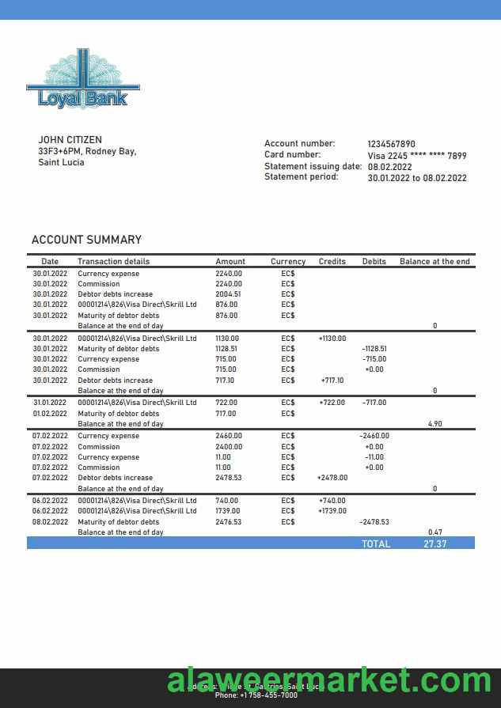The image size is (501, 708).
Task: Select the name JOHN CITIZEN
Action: (x=70, y=140)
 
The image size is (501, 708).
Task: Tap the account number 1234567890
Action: (x=391, y=144)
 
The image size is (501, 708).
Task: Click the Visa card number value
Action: (x=416, y=156)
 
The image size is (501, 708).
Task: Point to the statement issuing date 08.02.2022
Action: (x=389, y=167)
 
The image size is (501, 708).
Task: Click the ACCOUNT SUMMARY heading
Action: (x=86, y=240)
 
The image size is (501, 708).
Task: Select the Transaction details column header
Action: (x=113, y=261)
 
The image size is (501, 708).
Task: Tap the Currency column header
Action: (x=287, y=261)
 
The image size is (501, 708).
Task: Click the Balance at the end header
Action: (x=435, y=261)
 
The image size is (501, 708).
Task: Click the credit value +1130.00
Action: (x=332, y=339)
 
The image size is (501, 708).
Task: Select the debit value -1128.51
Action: (x=374, y=349)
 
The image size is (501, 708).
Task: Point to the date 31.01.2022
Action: (x=50, y=403)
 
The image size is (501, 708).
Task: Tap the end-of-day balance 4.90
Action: (x=435, y=424)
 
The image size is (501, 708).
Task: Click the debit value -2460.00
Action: (x=374, y=436)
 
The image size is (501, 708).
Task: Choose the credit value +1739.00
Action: (x=332, y=511)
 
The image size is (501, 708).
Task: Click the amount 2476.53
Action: (x=228, y=522)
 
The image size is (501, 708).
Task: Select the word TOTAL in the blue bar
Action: (x=376, y=544)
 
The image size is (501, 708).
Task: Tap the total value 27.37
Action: (x=435, y=544)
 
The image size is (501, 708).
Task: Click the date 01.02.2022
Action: (x=50, y=414)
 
